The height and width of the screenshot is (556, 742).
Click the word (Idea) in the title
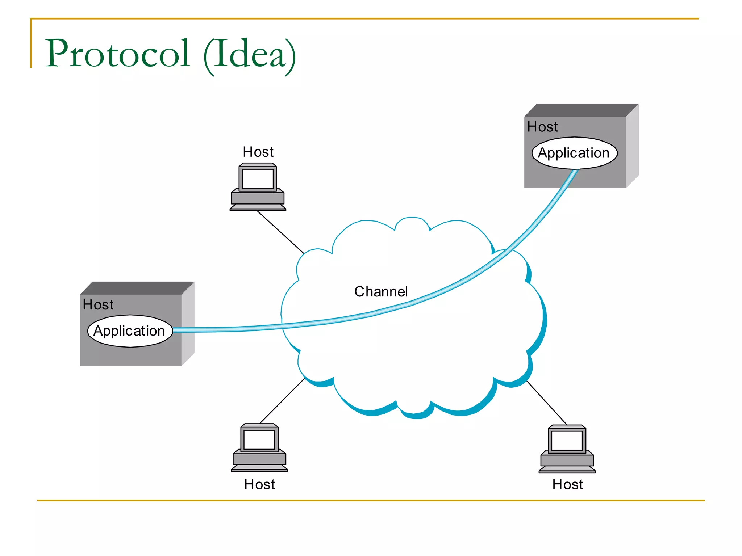click(249, 55)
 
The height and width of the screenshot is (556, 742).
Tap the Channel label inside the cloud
click(381, 291)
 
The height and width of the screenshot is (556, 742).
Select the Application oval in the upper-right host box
click(574, 153)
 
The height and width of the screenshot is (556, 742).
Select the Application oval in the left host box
click(130, 331)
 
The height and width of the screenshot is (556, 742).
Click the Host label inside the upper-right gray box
click(542, 127)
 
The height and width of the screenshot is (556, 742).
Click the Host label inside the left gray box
click(98, 305)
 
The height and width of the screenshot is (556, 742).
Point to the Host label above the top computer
click(258, 152)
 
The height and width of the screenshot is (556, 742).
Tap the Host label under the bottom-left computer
click(259, 484)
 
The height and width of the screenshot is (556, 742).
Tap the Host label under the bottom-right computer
click(567, 484)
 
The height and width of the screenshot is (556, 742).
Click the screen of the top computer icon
click(258, 178)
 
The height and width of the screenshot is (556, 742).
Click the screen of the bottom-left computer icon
click(259, 439)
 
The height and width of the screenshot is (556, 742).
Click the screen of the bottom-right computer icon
click(567, 441)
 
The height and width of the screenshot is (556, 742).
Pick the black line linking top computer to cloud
click(280, 232)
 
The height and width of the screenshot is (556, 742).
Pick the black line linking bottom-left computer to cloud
click(282, 401)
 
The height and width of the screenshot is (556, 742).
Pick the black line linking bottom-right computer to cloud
click(546, 402)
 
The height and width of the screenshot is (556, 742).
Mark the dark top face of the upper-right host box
click(581, 110)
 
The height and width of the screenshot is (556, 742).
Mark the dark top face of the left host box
click(137, 288)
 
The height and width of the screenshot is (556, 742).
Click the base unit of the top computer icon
click(258, 198)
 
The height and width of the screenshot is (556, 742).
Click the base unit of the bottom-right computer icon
click(567, 460)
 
